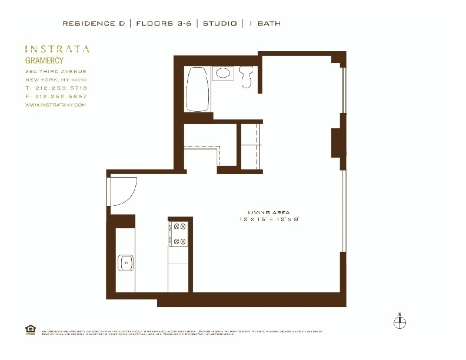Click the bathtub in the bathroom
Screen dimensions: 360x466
click(x=197, y=89)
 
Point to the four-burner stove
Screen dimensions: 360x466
click(x=178, y=234)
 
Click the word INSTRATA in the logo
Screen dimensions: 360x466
click(x=57, y=49)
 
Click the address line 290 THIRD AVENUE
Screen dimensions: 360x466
click(x=56, y=71)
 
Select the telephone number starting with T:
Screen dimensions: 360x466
click(x=56, y=88)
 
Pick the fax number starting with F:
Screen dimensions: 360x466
click(x=56, y=96)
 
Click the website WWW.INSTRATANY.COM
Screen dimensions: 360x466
click(x=56, y=105)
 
